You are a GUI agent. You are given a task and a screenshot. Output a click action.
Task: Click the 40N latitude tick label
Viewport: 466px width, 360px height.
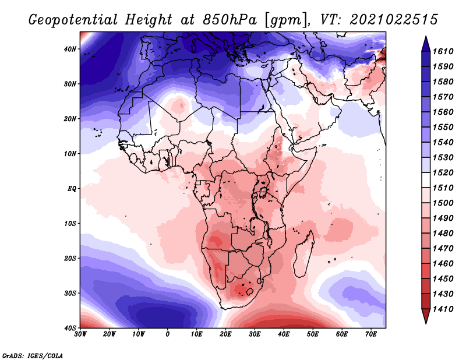click(69, 49)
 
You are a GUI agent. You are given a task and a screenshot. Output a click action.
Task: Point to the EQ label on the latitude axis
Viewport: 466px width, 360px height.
click(72, 189)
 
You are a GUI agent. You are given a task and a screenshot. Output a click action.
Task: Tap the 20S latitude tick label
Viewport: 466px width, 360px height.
click(70, 258)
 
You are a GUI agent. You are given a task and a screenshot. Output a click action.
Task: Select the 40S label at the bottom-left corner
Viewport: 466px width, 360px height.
click(70, 328)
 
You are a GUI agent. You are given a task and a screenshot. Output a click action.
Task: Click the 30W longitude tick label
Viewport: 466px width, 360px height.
click(80, 334)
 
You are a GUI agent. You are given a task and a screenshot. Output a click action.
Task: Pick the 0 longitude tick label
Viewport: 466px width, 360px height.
click(168, 334)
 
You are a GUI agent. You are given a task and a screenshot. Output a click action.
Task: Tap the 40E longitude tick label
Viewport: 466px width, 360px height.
click(284, 334)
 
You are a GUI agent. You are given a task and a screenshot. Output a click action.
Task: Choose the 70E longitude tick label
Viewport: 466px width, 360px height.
click(371, 334)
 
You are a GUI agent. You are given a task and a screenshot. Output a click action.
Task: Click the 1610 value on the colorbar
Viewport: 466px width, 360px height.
click(443, 51)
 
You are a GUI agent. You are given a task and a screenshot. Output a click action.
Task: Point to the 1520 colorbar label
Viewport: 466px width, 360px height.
click(443, 172)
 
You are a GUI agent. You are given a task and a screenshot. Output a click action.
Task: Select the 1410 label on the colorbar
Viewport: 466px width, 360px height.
click(443, 309)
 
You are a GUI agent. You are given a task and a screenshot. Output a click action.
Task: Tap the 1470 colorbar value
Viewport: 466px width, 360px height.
click(443, 249)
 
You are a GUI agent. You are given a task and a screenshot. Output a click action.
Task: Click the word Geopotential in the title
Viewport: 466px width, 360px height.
click(73, 20)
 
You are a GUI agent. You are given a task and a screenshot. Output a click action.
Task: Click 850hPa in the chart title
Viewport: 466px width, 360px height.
click(230, 20)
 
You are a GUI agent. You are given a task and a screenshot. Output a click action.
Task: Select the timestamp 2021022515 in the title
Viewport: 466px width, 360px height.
click(394, 20)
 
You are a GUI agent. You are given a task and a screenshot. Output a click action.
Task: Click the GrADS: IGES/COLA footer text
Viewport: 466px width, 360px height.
click(33, 355)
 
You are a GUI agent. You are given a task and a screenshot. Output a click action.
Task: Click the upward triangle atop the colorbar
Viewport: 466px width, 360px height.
click(426, 44)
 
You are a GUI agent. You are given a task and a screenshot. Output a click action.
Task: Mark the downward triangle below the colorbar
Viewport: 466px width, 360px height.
click(426, 316)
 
